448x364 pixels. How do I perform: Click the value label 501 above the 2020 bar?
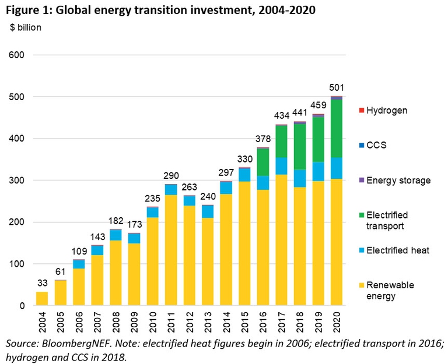pos(337,88)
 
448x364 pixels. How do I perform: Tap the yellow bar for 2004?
pos(42,298)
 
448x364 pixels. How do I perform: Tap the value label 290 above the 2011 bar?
pos(171,175)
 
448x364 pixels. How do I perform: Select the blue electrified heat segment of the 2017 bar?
pos(281,166)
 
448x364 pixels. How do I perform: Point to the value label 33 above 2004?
pos(42,283)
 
